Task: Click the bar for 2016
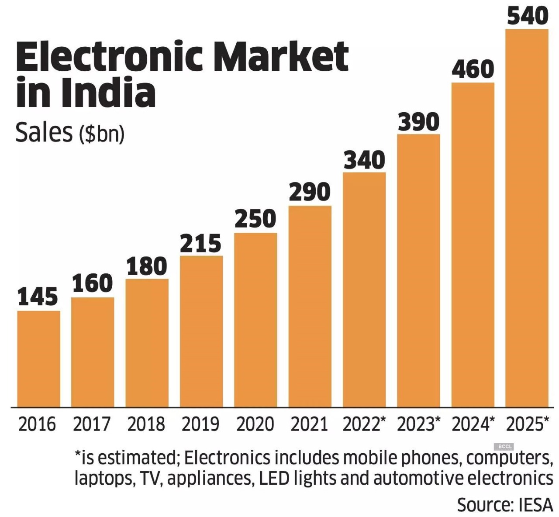(39, 358)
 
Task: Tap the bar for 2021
(310, 306)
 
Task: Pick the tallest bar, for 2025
(527, 218)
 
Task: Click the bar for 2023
(418, 270)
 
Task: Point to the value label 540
(528, 16)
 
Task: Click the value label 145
(38, 297)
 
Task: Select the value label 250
(255, 219)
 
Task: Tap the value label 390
(418, 122)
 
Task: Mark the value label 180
(147, 266)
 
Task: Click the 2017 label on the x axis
(92, 424)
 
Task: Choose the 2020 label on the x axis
(255, 424)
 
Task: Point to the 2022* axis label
(364, 424)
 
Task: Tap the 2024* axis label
(473, 424)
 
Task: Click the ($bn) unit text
(101, 134)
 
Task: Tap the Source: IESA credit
(505, 505)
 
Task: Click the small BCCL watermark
(504, 446)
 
